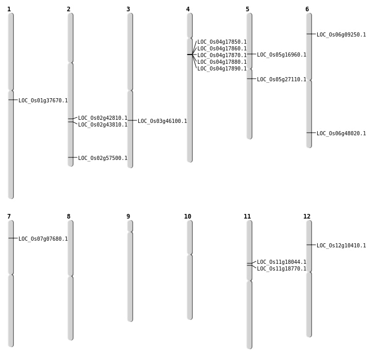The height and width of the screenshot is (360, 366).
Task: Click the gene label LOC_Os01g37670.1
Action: pyautogui.click(x=43, y=101)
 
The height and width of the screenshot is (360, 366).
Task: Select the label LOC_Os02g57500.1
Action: pyautogui.click(x=103, y=158)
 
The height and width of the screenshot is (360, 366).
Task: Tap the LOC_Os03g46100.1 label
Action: pyautogui.click(x=162, y=121)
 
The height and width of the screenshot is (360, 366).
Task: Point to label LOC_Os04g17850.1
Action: pyautogui.click(x=222, y=42)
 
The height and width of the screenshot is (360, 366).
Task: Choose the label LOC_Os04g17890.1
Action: pyautogui.click(x=222, y=69)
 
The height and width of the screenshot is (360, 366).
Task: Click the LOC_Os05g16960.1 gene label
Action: pyautogui.click(x=282, y=55)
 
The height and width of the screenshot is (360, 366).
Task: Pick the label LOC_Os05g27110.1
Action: pyautogui.click(x=282, y=80)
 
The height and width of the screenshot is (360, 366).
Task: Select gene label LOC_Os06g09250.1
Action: pyautogui.click(x=341, y=35)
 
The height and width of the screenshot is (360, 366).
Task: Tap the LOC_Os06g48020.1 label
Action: pyautogui.click(x=341, y=134)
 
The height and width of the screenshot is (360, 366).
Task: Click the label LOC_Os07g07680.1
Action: pyautogui.click(x=43, y=239)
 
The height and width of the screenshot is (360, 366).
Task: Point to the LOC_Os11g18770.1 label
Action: pyautogui.click(x=282, y=269)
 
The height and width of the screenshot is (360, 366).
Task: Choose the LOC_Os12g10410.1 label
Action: pyautogui.click(x=341, y=246)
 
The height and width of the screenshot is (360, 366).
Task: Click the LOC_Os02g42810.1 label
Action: pyautogui.click(x=103, y=118)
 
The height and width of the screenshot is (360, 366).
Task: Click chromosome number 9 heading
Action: pyautogui.click(x=129, y=217)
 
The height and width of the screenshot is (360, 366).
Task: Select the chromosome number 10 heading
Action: pyautogui.click(x=188, y=217)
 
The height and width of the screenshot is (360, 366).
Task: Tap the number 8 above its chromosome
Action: pyautogui.click(x=68, y=217)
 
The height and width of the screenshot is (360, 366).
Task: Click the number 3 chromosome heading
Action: pyautogui.click(x=128, y=9)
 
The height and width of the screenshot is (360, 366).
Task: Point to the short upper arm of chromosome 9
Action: pyautogui.click(x=130, y=226)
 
